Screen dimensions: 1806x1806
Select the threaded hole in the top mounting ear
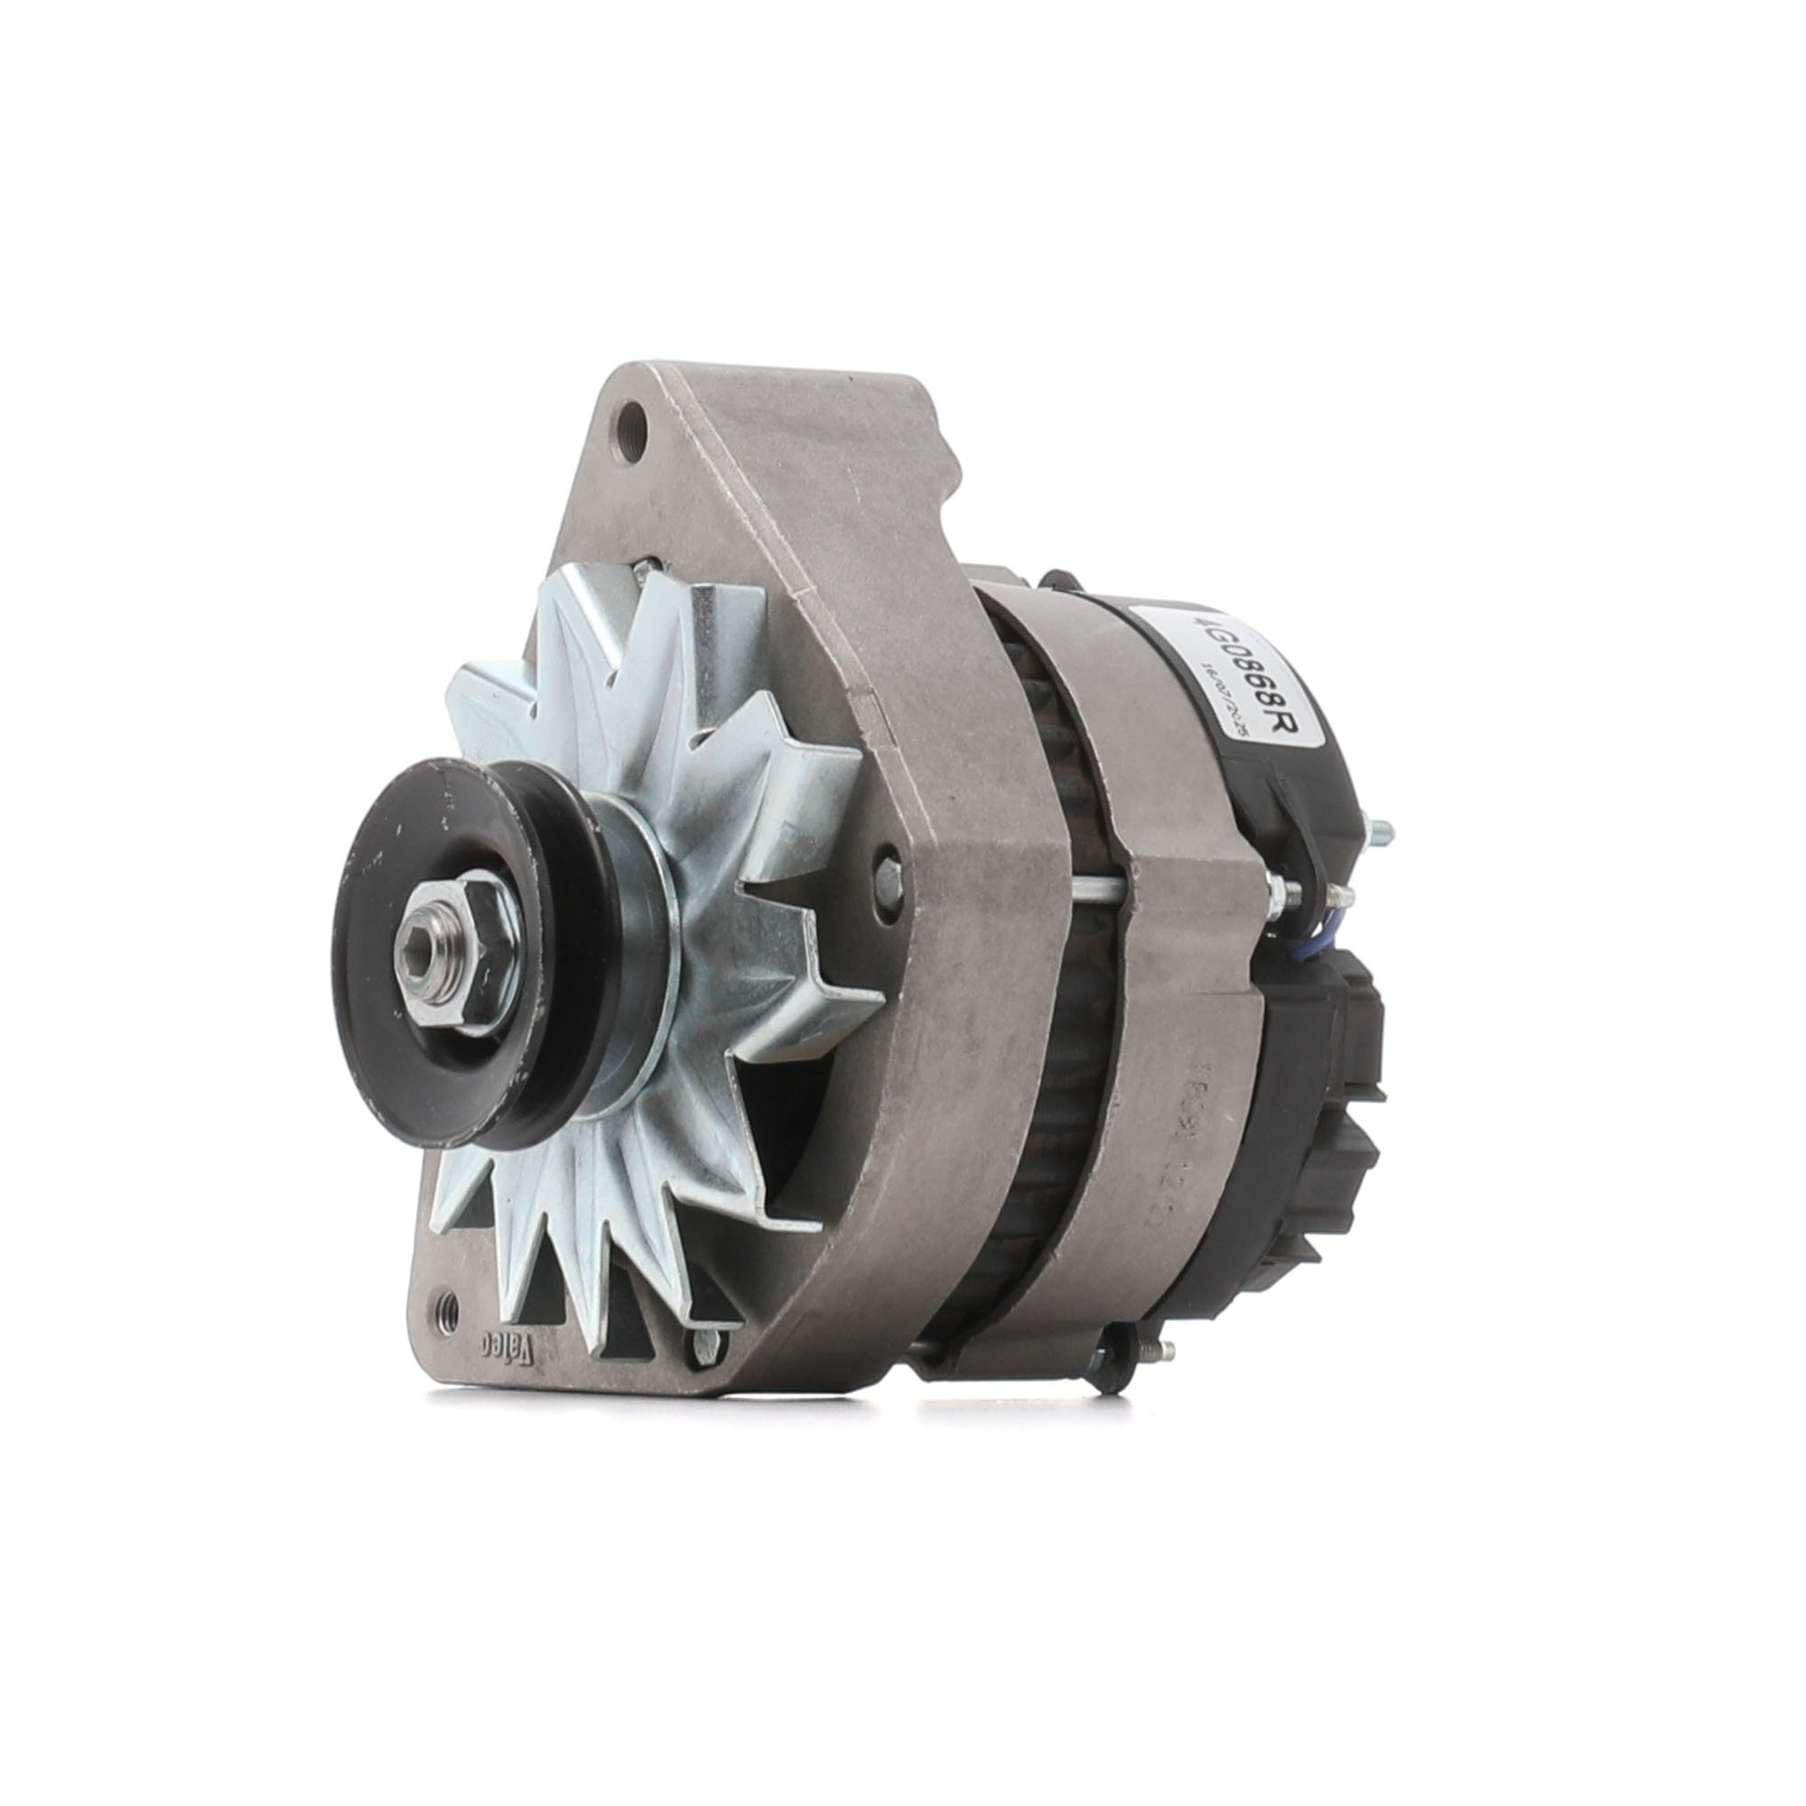click(x=635, y=439)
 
